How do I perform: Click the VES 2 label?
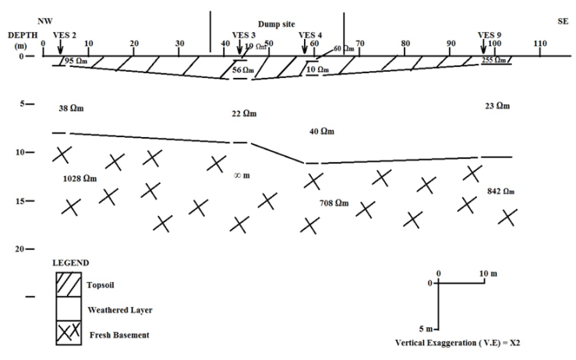(64, 35)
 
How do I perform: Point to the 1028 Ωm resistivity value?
(80, 178)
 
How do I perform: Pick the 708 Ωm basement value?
(334, 203)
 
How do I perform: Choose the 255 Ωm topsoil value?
(494, 60)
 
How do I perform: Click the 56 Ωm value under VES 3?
(243, 71)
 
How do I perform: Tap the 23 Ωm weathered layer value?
(496, 105)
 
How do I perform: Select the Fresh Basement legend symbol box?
(67, 334)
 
